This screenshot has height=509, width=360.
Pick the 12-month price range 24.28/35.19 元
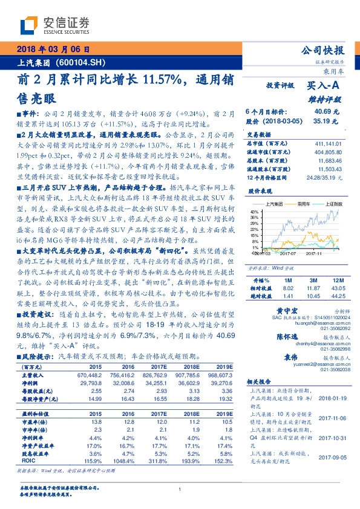click(x=325, y=178)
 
